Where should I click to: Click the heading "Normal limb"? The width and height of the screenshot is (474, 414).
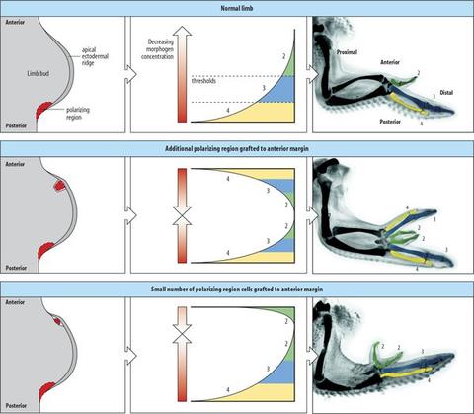tap(237, 8)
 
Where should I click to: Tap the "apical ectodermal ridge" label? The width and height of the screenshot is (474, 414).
tap(95, 56)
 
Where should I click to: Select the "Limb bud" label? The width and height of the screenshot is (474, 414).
tap(39, 73)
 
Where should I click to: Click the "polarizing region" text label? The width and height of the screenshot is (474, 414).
tap(78, 113)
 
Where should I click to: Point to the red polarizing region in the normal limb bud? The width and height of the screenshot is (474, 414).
tap(42, 110)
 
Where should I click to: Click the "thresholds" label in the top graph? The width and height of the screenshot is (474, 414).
tap(203, 80)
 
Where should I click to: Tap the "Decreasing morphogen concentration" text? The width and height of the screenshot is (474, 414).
tap(157, 49)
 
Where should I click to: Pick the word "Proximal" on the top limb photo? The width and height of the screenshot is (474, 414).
tap(347, 52)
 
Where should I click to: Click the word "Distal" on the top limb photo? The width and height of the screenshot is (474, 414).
tap(446, 93)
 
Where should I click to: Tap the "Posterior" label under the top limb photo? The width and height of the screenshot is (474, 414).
tap(390, 122)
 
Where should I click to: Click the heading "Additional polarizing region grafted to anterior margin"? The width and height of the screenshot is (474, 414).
tap(237, 149)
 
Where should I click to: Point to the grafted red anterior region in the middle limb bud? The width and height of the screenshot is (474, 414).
tap(59, 186)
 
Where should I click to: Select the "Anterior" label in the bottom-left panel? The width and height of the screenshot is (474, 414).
tap(15, 302)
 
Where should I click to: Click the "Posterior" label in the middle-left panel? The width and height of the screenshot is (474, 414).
tap(16, 268)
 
